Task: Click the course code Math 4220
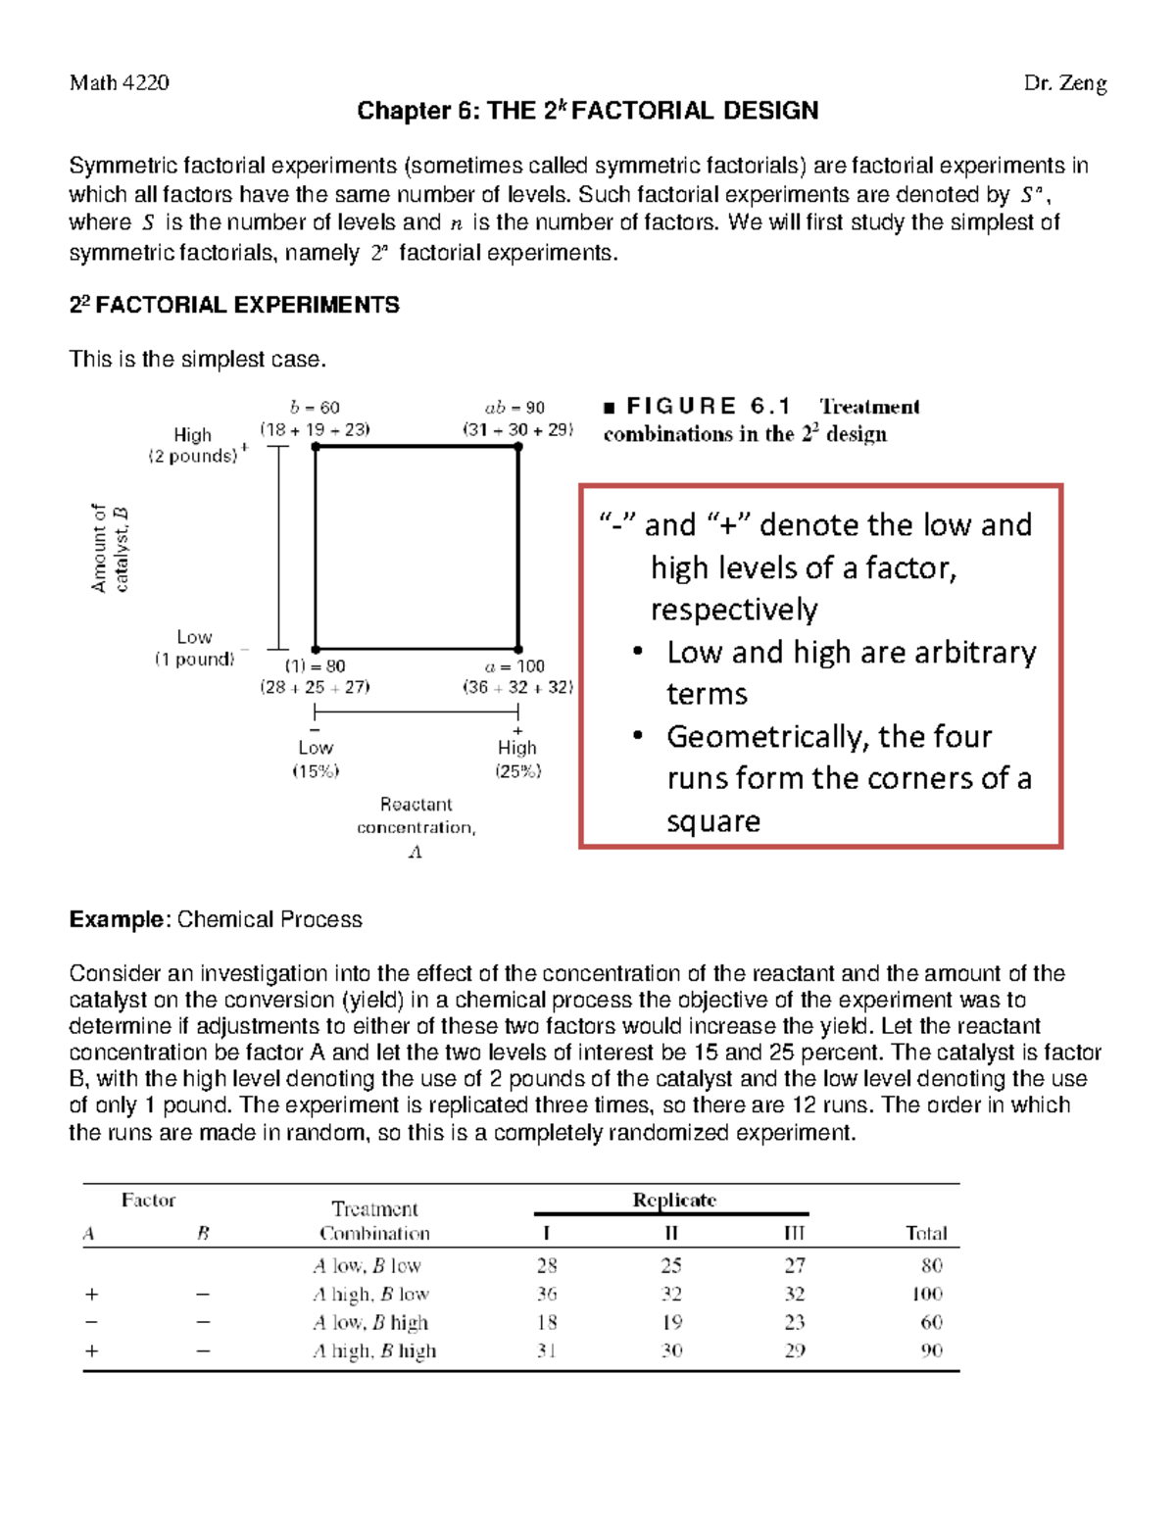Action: pos(119,83)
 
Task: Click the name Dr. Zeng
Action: pos(1065,83)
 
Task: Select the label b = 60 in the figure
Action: pos(315,408)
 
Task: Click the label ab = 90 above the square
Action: pos(514,408)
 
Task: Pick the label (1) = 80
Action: pos(315,666)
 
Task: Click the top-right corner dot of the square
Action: pos(518,447)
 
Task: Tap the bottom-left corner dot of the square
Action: pos(316,649)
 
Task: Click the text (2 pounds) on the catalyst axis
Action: pos(193,456)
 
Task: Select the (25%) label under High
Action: pos(517,771)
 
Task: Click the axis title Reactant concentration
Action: pos(416,815)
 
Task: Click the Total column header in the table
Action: pos(926,1234)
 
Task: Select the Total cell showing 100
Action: pos(926,1294)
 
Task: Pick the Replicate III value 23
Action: pos(795,1322)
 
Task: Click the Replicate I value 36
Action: pos(547,1294)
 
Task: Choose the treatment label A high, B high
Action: pos(374,1350)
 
